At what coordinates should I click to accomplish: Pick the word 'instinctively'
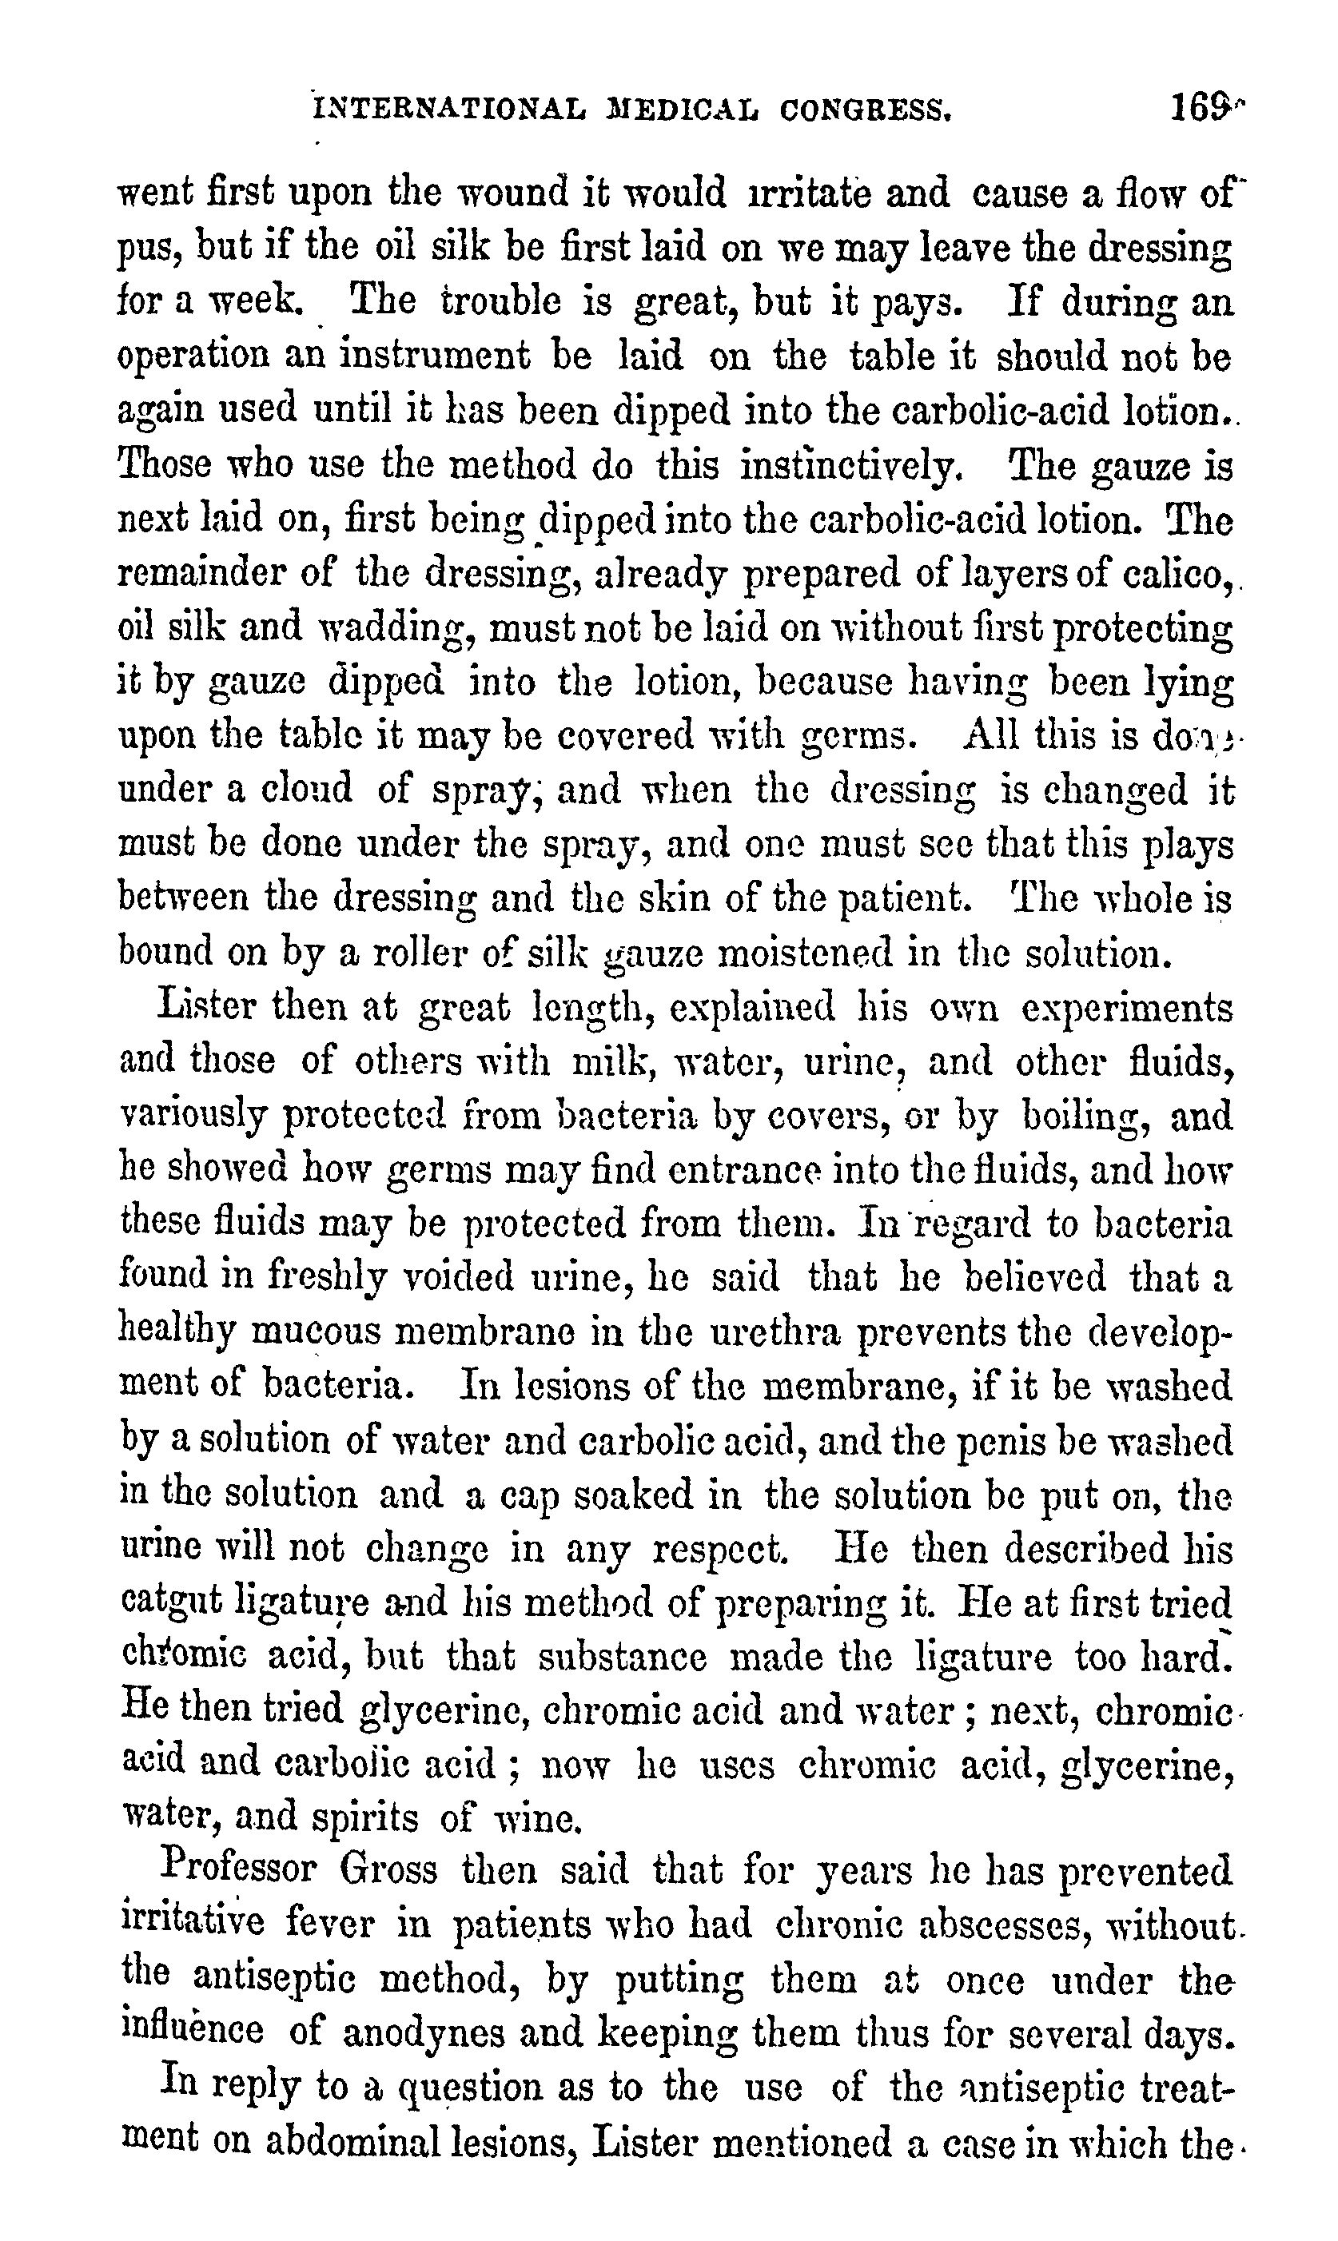tap(851, 466)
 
